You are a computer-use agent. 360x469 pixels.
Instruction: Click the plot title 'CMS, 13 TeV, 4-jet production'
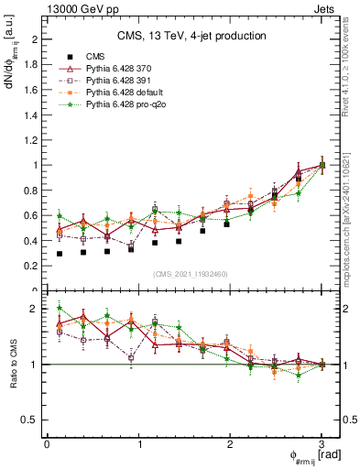pyautogui.click(x=191, y=36)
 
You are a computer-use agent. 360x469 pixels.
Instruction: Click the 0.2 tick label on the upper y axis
pyautogui.click(x=30, y=266)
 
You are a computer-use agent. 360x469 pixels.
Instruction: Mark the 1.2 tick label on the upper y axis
pyautogui.click(x=30, y=140)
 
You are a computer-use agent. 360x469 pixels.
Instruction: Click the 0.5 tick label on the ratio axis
pyautogui.click(x=30, y=420)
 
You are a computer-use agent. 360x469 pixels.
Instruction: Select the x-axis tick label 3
pyautogui.click(x=322, y=444)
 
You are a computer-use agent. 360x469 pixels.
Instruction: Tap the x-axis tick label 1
pyautogui.click(x=138, y=444)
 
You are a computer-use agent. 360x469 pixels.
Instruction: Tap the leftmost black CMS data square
pyautogui.click(x=60, y=254)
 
